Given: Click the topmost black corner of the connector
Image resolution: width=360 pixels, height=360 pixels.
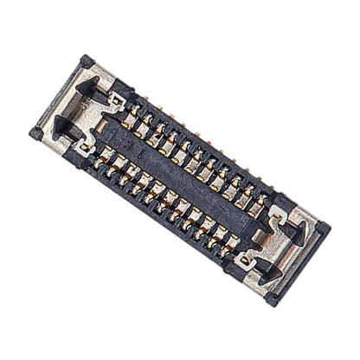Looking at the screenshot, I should click(x=86, y=61).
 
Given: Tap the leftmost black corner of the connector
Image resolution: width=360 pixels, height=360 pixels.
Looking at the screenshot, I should click(x=35, y=133).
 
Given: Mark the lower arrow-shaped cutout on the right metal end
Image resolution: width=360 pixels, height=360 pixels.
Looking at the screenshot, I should click(x=263, y=265).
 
